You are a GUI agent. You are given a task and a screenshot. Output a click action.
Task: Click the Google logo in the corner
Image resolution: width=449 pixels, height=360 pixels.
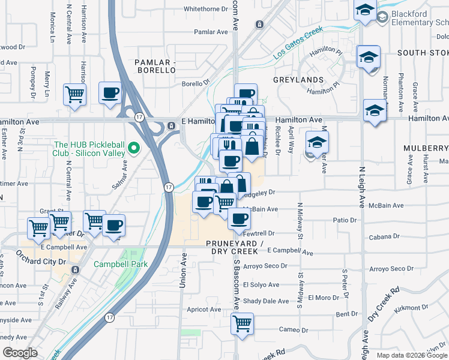point(20,353)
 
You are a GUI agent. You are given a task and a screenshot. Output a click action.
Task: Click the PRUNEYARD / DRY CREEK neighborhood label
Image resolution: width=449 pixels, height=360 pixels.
point(235,247)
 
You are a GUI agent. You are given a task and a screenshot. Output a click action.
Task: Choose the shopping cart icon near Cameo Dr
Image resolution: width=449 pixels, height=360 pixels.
point(242,323)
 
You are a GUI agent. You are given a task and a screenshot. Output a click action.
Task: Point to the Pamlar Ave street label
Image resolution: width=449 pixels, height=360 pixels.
point(209,32)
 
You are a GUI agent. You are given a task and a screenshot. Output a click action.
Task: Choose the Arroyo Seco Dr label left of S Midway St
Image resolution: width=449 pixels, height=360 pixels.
point(266,266)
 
